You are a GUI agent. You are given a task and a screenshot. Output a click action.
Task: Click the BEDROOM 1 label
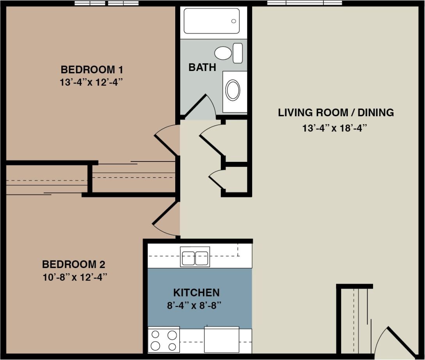pos(92,70)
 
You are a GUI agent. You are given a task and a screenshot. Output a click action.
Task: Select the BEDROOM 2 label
pos(73,264)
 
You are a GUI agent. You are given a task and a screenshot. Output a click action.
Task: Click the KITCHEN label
pos(196,292)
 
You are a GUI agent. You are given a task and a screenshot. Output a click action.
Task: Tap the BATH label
pos(202,67)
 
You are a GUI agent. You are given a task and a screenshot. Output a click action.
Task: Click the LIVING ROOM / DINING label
pos(336,113)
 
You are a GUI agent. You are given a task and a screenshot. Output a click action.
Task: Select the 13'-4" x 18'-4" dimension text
pos(336,128)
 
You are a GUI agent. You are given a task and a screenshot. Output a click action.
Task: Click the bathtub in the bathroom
pos(212,21)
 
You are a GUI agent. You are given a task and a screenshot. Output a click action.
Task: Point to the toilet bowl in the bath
pos(223,53)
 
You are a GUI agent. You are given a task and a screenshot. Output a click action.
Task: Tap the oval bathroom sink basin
pos(233,90)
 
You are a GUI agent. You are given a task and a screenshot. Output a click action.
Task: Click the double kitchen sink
pos(195,257)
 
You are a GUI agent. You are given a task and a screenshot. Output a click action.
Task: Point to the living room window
pos(304,3)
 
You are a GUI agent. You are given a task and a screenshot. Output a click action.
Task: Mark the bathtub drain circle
pos(233,21)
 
